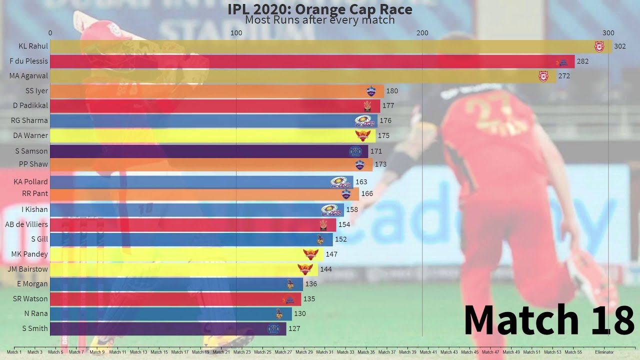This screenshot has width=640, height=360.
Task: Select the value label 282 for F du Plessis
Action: coord(582,61)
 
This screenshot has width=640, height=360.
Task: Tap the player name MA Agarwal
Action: coord(29,76)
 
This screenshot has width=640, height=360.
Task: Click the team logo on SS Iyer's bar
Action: coord(371,91)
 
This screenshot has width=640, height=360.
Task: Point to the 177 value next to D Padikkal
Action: coord(388,106)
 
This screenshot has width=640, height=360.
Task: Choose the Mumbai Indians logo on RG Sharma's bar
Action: coord(364,120)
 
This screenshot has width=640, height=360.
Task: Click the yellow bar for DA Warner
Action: coord(212,135)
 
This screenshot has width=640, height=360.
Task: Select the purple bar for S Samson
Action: coord(209,151)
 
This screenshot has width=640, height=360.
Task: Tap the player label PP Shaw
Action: coord(33,164)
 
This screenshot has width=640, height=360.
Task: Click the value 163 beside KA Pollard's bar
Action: coord(361,182)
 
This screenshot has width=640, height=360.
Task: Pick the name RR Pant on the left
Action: coord(35,193)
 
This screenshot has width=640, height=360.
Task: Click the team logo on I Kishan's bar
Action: coord(329,209)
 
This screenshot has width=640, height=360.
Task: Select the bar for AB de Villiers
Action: coord(193,224)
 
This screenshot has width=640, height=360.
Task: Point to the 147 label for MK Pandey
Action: coord(331,254)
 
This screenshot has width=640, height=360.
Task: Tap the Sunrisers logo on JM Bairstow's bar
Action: coord(305,269)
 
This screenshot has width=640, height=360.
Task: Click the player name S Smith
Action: coord(35,328)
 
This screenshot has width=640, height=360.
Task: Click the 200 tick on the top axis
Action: coord(422,33)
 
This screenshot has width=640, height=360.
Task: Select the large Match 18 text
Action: coord(548,320)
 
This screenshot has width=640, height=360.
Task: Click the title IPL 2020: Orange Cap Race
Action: coord(320,9)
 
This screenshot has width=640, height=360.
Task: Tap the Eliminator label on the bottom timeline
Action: coord(604,352)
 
